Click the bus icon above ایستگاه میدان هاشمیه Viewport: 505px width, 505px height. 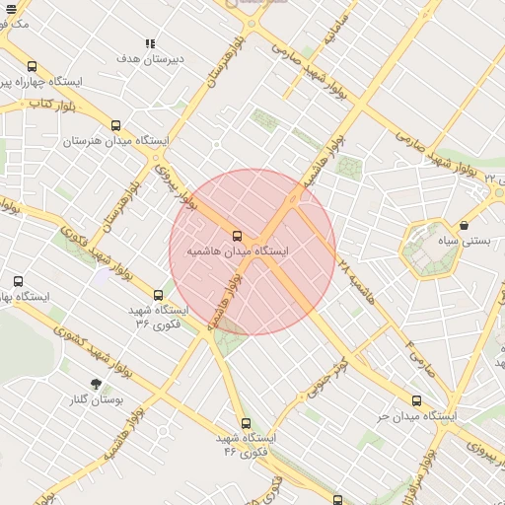tap(237, 236)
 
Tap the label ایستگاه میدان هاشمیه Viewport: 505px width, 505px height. tap(238, 252)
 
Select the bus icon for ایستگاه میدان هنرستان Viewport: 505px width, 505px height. tap(116, 125)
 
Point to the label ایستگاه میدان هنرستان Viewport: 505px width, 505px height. tap(108, 142)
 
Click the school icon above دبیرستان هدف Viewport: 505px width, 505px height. tap(150, 43)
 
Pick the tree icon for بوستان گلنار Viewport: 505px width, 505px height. tap(96, 384)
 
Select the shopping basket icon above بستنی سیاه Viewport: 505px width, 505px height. tap(464, 225)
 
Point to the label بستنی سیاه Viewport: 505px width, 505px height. tap(463, 241)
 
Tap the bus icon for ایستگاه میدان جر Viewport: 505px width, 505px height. tap(416, 400)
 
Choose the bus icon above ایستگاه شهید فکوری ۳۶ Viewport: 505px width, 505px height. tap(158, 294)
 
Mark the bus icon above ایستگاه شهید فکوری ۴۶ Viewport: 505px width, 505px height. tap(246, 423)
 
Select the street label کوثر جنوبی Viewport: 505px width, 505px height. tap(326, 380)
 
